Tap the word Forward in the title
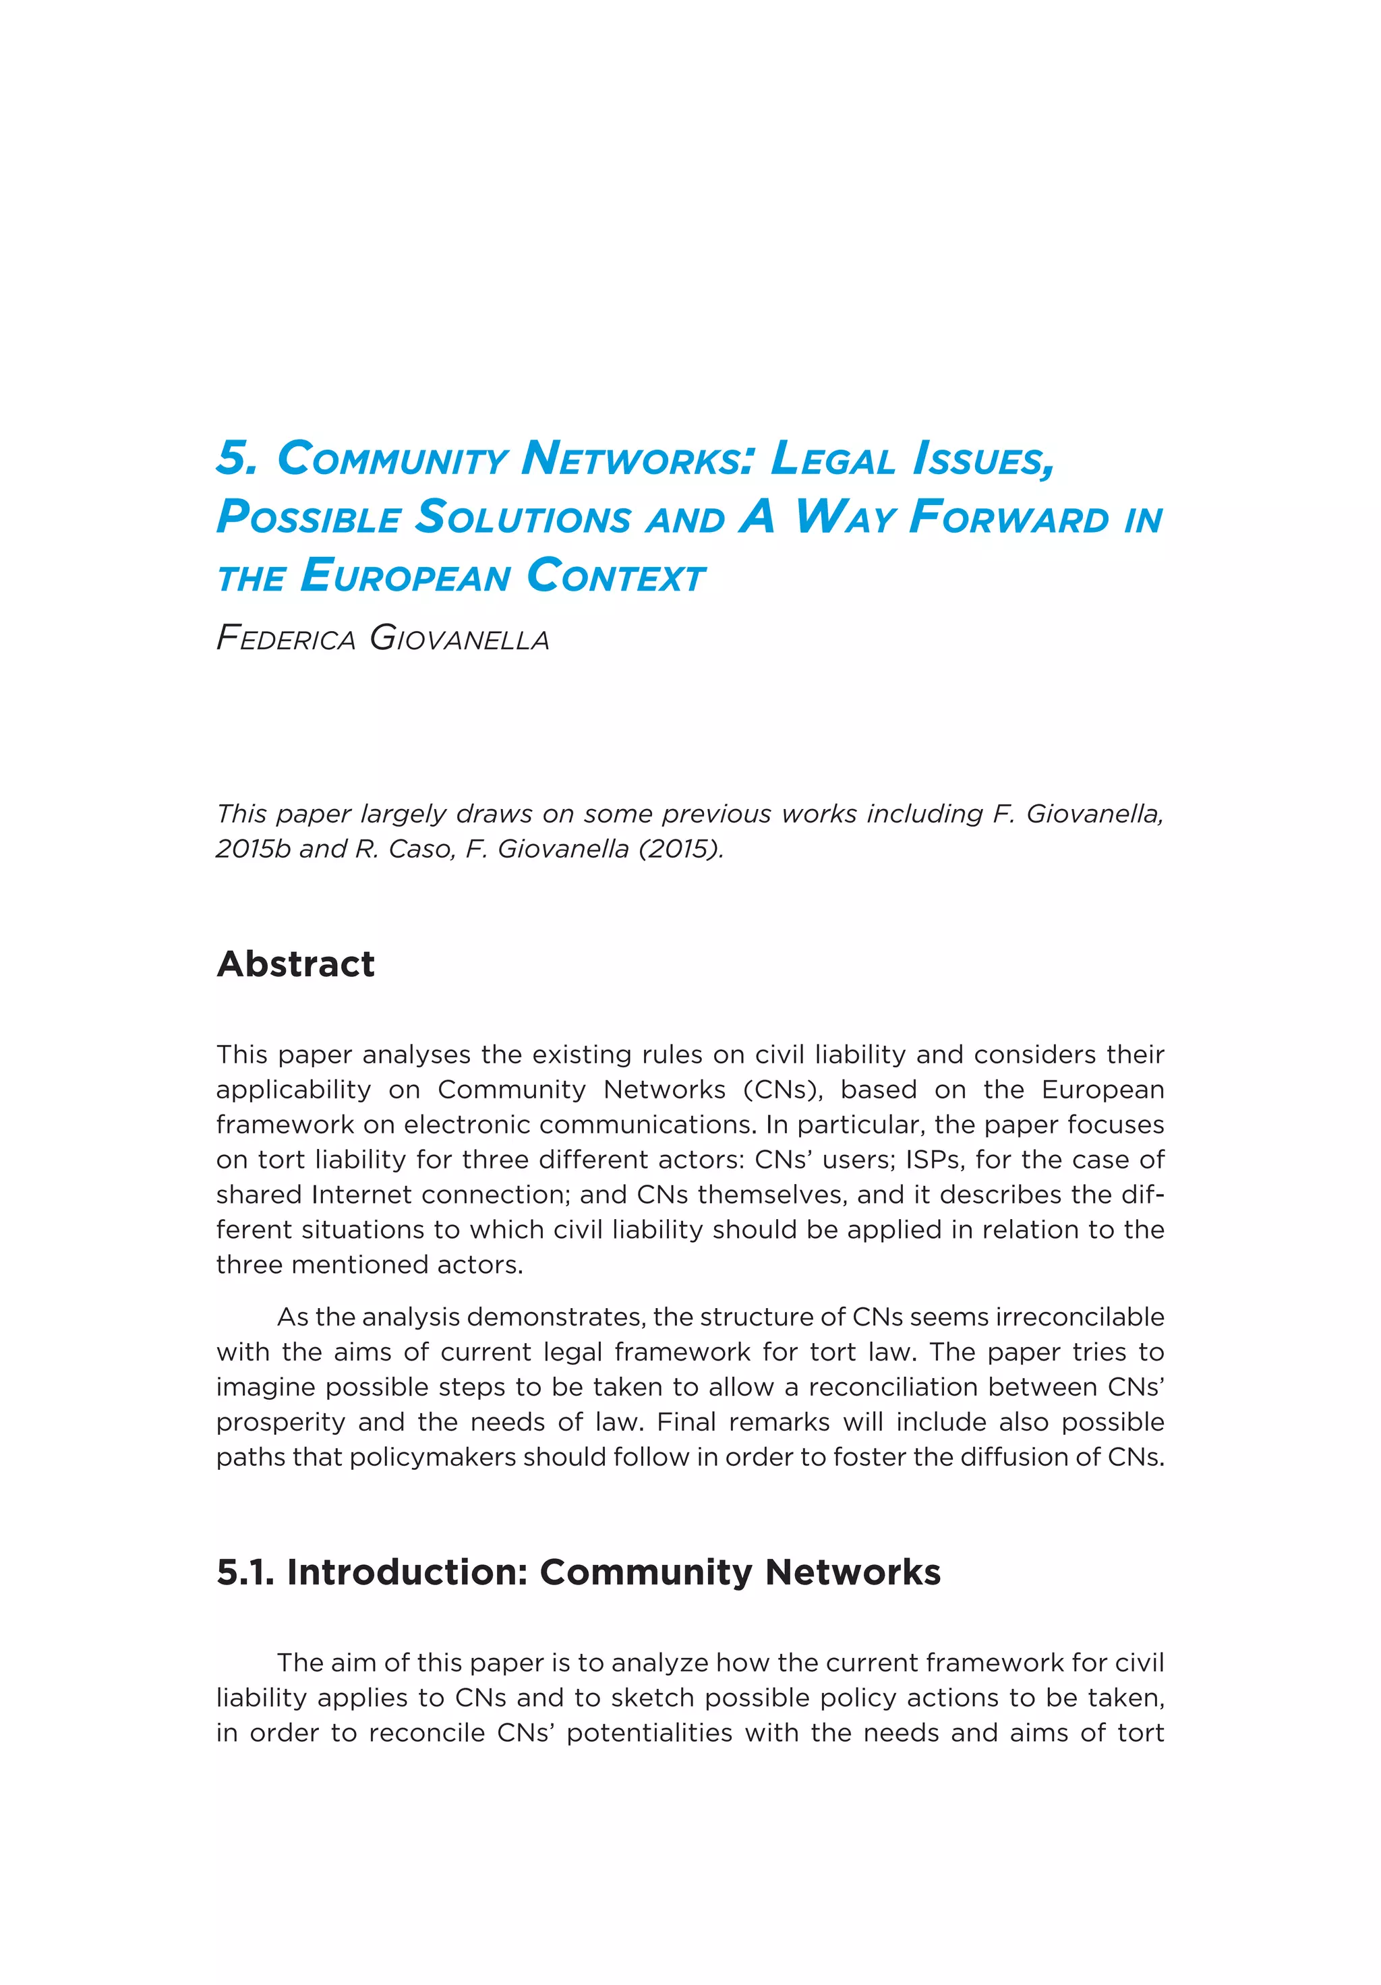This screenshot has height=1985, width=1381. pyautogui.click(x=1008, y=517)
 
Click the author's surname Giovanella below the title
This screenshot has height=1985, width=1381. pyautogui.click(x=459, y=640)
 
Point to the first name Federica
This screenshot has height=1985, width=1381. pyautogui.click(x=285, y=640)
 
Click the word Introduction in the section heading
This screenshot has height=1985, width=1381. pyautogui.click(x=407, y=1572)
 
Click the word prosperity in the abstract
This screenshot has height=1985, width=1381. pyautogui.click(x=268, y=1422)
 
